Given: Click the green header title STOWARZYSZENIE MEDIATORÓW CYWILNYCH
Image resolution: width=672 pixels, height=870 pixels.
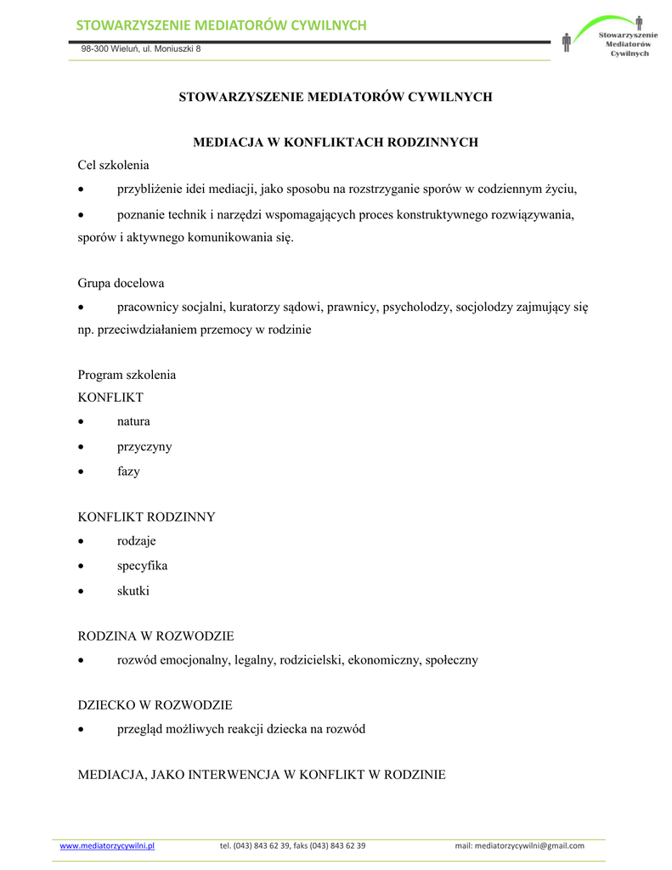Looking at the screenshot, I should pos(221,25).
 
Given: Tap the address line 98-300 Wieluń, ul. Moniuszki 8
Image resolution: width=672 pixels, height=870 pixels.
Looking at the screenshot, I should pos(141,49).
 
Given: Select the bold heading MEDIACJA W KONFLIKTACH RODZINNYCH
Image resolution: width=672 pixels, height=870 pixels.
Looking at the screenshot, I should pos(336,142).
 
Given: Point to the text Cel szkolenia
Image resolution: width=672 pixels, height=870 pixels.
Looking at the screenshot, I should pos(113,165).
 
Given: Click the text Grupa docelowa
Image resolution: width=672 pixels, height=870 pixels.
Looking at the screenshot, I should pos(121,283).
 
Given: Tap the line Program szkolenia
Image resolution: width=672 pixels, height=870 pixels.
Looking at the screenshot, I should pos(127,375).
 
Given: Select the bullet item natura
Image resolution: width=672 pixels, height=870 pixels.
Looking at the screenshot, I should pos(133,421).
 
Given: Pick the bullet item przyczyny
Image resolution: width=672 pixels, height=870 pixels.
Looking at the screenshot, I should pos(144,447).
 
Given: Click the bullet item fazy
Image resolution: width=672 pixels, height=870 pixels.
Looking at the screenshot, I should pos(128,472).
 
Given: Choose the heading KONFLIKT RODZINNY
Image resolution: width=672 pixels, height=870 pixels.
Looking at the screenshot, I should pos(146,517).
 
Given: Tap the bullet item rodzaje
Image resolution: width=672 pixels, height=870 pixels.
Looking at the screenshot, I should pos(137,541).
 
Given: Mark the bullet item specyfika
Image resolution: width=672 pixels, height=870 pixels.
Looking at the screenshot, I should pos(142,566).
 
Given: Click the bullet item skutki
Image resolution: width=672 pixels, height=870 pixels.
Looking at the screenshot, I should pos(133,590).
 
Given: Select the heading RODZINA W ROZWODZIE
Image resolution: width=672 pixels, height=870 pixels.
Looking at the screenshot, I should pos(155,636).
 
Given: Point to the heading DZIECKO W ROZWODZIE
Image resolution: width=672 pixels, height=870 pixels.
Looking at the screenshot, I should pos(155,705).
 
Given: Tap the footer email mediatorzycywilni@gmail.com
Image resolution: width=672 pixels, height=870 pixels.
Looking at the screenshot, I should pos(519,845).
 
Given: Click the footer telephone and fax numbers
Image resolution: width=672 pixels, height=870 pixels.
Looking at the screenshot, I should pos(292,845).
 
